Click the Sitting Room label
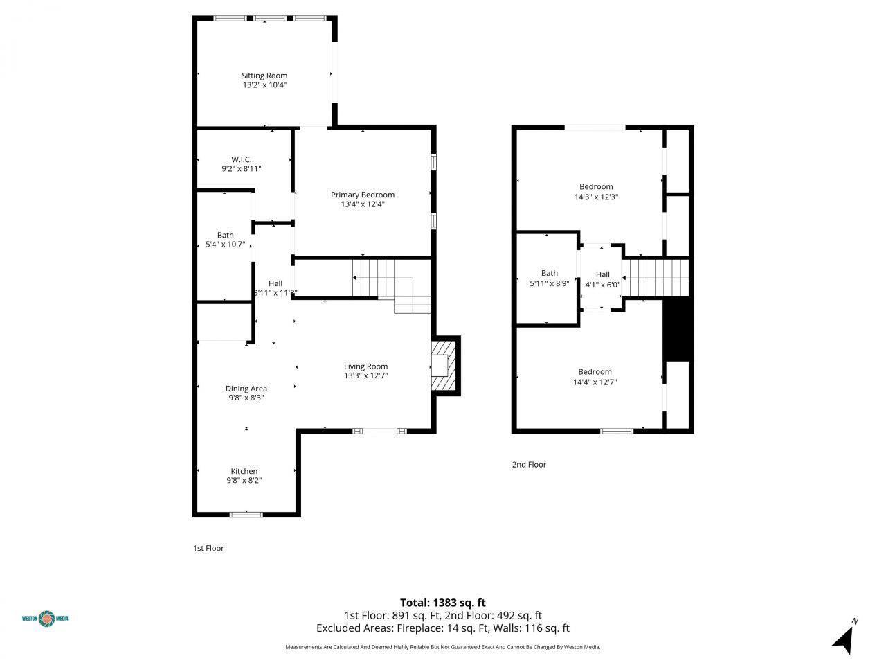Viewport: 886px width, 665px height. [x=264, y=76]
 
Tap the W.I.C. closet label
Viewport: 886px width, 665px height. [x=241, y=159]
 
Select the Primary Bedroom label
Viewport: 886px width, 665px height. [x=362, y=195]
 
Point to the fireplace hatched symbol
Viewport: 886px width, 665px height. [x=444, y=365]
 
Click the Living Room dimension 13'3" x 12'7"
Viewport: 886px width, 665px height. [x=366, y=375]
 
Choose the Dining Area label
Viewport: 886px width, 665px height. [x=246, y=389]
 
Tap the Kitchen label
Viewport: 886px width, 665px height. [x=244, y=471]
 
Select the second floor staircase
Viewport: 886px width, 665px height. [x=656, y=277]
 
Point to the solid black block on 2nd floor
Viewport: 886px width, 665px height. [x=676, y=330]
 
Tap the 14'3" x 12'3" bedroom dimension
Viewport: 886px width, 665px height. [x=596, y=197]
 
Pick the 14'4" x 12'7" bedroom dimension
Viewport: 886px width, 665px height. [x=595, y=382]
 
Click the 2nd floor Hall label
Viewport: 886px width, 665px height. [x=602, y=274]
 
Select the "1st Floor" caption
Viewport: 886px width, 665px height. [x=208, y=548]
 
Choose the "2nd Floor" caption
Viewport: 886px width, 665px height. [x=529, y=465]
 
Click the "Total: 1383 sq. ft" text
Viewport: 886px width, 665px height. [x=443, y=603]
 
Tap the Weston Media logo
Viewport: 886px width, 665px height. [x=46, y=618]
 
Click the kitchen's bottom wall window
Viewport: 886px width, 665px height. [x=246, y=514]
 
